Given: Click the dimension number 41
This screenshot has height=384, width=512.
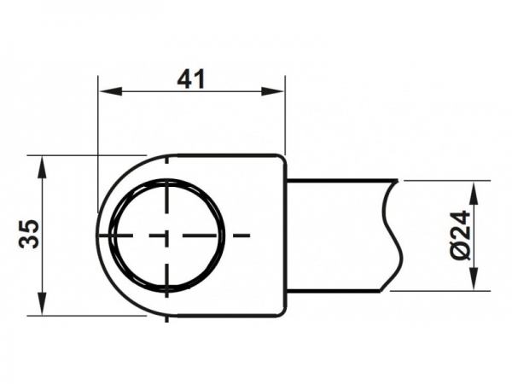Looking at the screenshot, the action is tap(191, 79).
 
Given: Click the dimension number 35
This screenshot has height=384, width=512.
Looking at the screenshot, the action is tap(29, 234).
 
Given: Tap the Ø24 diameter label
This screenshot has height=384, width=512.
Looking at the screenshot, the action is tap(461, 236).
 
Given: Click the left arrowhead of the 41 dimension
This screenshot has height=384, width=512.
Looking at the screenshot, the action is tap(110, 91).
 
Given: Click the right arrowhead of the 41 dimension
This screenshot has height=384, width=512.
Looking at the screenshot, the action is tap(273, 91).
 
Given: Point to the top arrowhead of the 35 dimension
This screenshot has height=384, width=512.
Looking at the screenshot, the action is tap(42, 168).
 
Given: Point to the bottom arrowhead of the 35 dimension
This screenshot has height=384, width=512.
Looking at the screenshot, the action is tap(42, 303).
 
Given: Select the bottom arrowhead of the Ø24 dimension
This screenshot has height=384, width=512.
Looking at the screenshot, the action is tap(474, 278).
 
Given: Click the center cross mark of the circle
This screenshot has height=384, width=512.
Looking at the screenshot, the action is tap(166, 236).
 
